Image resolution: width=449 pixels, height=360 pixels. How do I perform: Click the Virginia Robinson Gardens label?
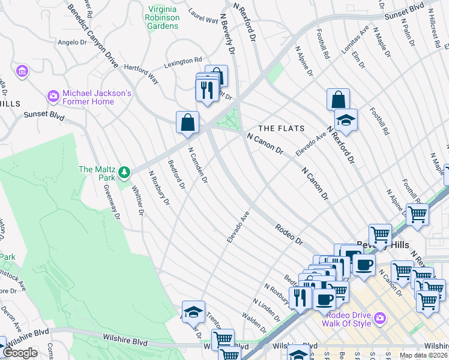163,17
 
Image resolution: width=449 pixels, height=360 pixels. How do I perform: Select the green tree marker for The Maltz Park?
124,173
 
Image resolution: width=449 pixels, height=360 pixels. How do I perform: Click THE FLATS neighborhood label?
281,128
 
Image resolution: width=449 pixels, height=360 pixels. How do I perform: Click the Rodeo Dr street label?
290,233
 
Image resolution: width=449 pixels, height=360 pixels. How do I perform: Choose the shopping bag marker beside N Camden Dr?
188,122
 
